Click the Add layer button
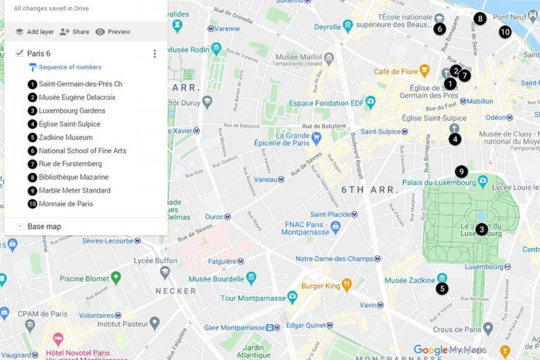point(34,32)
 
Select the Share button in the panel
point(75,32)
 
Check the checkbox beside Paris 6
point(20,53)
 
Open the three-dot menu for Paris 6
point(155,53)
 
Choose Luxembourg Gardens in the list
point(72,110)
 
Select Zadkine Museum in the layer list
point(65,137)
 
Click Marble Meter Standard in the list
point(75,191)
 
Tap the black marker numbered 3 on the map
point(482,229)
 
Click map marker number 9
point(461,172)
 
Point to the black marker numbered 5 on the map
point(442,288)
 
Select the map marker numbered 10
point(505,32)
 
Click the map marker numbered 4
point(455,139)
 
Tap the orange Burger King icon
point(346,285)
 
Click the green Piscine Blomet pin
point(116,278)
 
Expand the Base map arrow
point(19,226)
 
